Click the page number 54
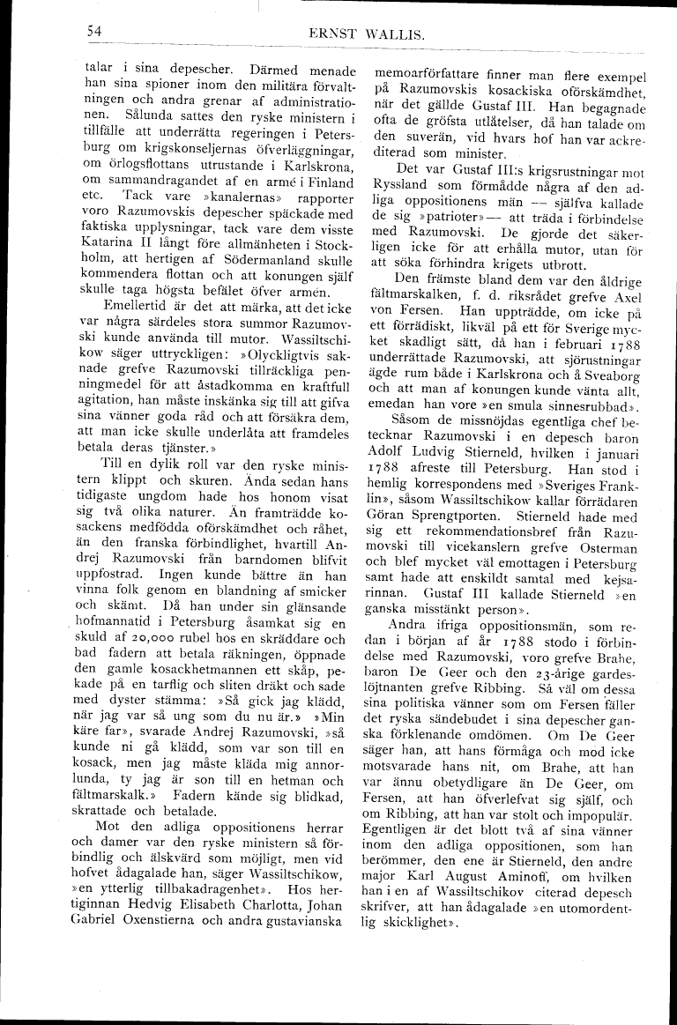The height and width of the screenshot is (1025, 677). (x=95, y=32)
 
